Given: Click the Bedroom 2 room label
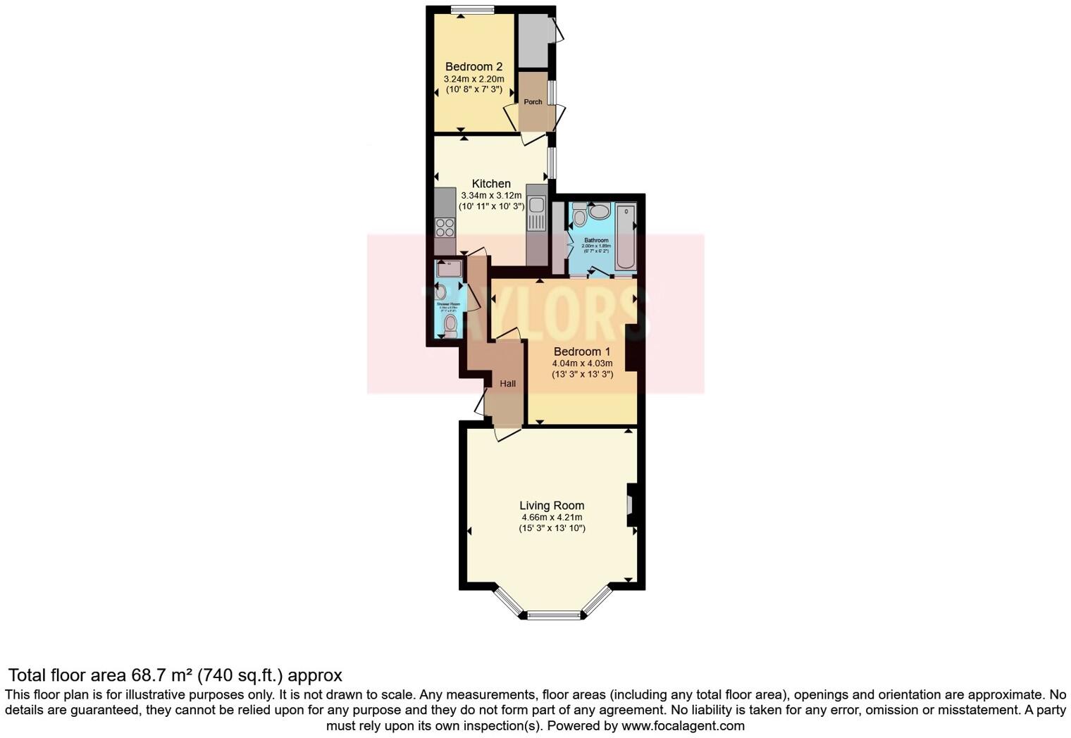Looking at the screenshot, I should coord(473,67).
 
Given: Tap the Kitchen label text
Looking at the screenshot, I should coord(491,183).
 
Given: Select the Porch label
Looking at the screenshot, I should coord(533,102).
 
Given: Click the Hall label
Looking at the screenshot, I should coord(507,384).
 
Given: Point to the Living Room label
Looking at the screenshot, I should coord(552,505).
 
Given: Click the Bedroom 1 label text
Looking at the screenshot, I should coord(582,351).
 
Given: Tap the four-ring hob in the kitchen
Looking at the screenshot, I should coord(445,227).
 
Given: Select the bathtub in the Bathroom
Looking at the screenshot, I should coord(626,237).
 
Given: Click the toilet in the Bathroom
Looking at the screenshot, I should coord(579,214).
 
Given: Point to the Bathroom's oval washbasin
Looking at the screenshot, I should coord(599,211).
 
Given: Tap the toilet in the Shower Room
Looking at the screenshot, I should coord(450,325).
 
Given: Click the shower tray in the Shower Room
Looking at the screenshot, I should coord(448,268).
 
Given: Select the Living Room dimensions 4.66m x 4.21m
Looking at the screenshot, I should coord(552,518).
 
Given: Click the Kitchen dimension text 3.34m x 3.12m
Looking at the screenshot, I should coord(491,195).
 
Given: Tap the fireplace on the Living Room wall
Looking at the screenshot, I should coord(631,505).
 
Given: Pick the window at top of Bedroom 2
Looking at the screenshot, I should coord(472,10).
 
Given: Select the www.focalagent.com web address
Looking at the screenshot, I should coord(683,725).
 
